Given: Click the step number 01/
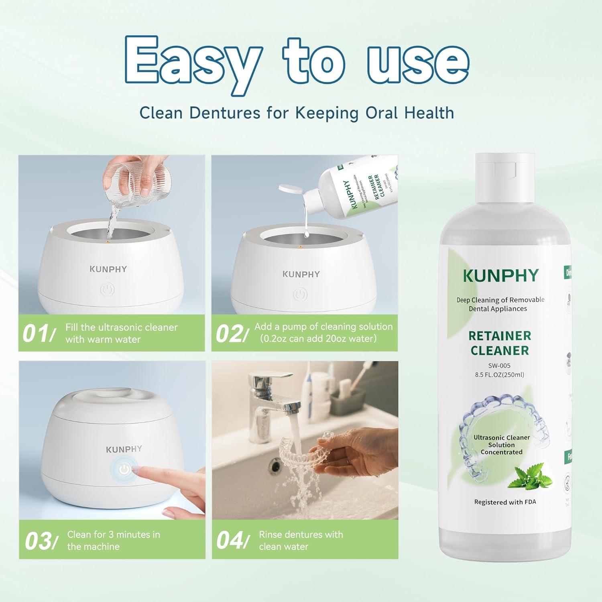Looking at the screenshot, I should [38, 334].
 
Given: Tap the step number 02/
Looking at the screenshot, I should [230, 334].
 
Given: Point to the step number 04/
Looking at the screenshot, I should [232, 541].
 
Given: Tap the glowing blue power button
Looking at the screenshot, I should [124, 469].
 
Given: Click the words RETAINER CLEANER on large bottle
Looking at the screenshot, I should [500, 343].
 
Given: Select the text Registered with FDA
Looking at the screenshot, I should [505, 502].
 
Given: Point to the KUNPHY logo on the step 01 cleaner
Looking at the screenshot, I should [108, 269].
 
